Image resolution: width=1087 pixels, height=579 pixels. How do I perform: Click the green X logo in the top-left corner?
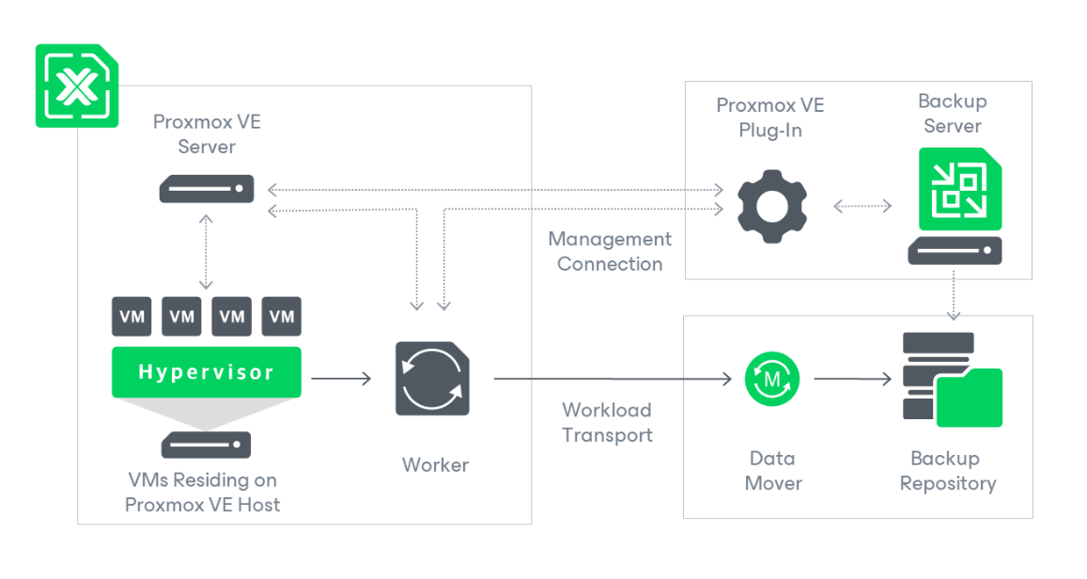(x=77, y=86)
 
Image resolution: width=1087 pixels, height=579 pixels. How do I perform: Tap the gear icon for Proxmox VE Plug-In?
(x=771, y=204)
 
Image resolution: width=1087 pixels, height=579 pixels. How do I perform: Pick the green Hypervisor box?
(x=207, y=372)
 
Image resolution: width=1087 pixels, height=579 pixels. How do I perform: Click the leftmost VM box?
(x=132, y=317)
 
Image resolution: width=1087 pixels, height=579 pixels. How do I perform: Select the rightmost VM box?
(x=282, y=317)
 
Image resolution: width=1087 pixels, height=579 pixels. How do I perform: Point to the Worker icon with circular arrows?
(x=432, y=379)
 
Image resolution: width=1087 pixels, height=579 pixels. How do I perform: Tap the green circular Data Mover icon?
(x=772, y=379)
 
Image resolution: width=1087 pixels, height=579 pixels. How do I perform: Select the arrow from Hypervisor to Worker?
(x=341, y=379)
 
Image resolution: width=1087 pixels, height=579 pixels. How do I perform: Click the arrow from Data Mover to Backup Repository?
(x=852, y=379)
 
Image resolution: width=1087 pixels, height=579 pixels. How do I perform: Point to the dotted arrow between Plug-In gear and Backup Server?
(x=862, y=206)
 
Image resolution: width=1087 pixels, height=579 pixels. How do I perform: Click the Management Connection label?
(x=610, y=252)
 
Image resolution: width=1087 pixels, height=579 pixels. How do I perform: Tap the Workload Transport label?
(x=607, y=423)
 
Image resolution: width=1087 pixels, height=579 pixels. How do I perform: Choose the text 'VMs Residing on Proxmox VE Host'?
(x=202, y=493)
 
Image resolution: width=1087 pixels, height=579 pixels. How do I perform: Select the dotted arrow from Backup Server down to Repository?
(x=955, y=296)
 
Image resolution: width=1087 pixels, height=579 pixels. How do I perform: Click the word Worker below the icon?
(x=435, y=464)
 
